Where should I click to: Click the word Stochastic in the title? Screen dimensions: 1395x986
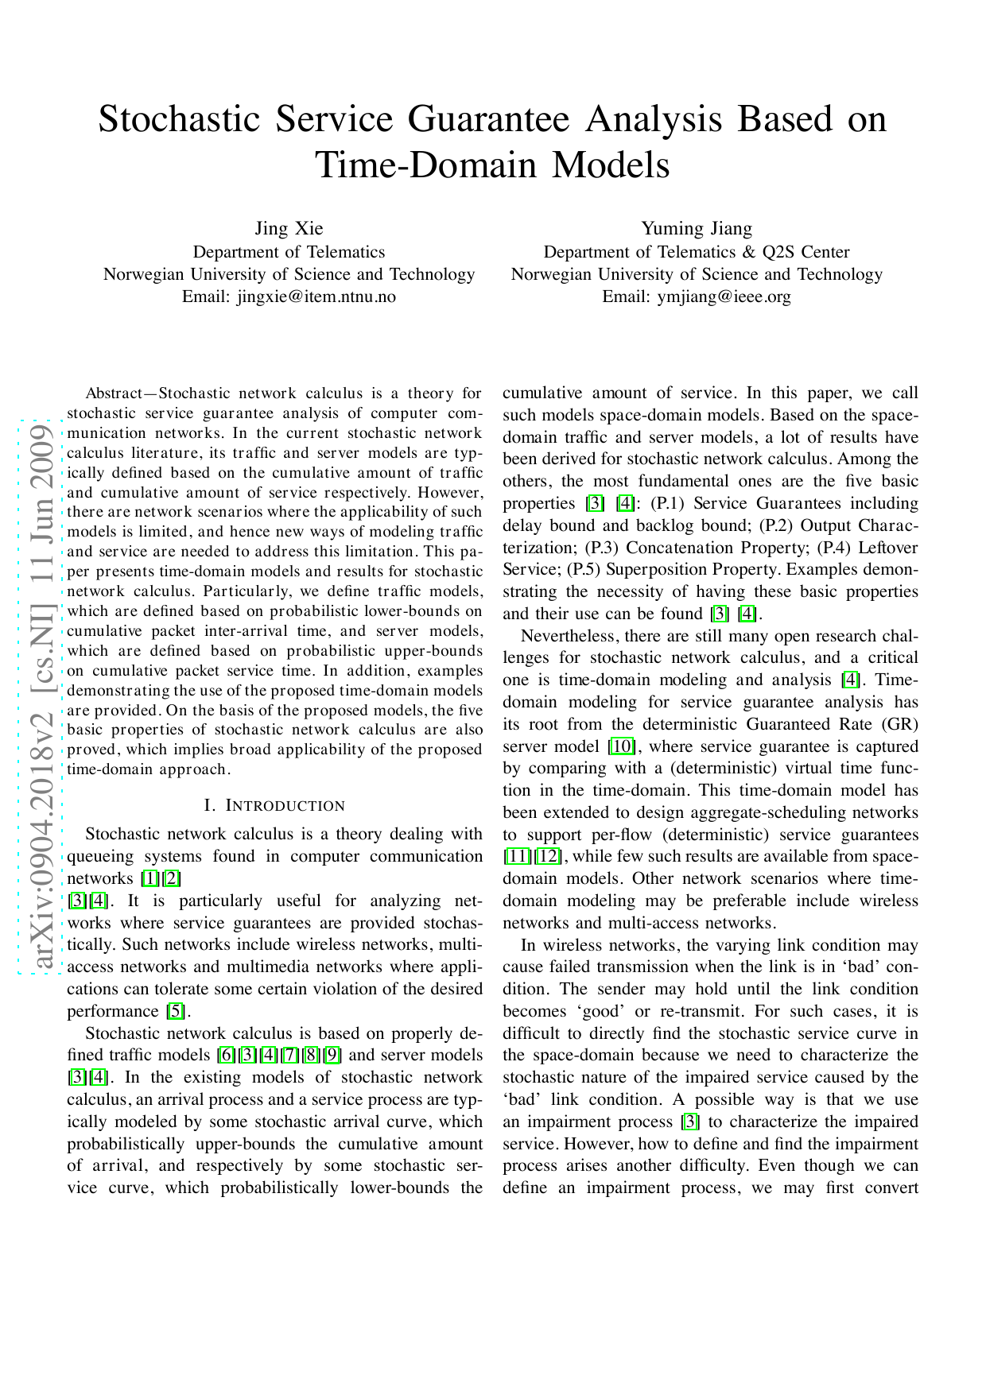pyautogui.click(x=179, y=119)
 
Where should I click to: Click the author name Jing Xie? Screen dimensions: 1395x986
pyautogui.click(x=289, y=229)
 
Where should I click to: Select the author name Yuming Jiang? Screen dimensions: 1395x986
pyautogui.click(x=696, y=229)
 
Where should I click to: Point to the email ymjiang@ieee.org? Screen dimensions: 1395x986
pyautogui.click(x=724, y=296)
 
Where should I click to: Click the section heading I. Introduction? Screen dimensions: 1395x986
pyautogui.click(x=274, y=806)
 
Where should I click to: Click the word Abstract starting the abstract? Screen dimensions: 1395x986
pyautogui.click(x=113, y=393)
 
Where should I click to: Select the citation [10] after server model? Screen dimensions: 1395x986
pyautogui.click(x=620, y=746)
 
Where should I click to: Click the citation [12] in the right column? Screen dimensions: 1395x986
pyautogui.click(x=549, y=857)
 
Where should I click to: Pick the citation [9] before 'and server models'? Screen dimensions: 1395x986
pyautogui.click(x=332, y=1056)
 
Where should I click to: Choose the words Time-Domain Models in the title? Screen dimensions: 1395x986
pyautogui.click(x=492, y=165)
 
